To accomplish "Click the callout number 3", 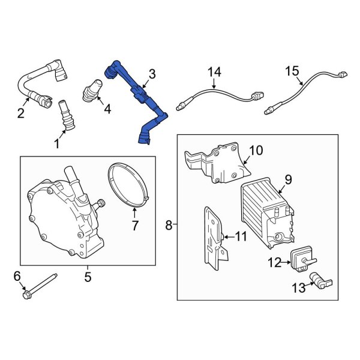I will click(x=152, y=74).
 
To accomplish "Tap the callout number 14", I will click(x=215, y=72).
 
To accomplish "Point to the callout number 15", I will click(x=292, y=71).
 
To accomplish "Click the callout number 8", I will click(x=169, y=225).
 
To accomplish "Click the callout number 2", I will click(x=20, y=113).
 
